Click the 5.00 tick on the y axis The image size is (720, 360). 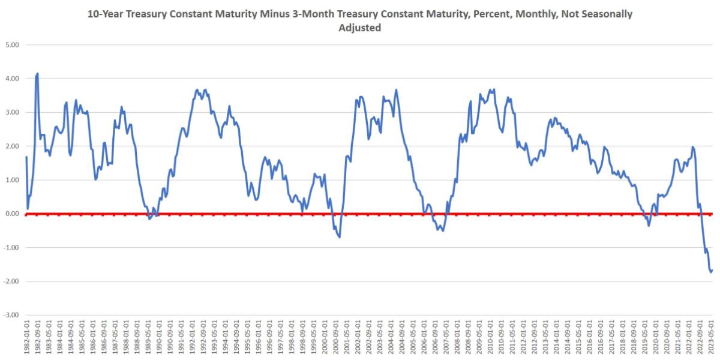click(x=13, y=45)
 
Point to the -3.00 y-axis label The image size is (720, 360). click(x=12, y=315)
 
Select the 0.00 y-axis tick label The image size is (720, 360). click(x=13, y=214)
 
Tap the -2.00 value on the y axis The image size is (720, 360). click(x=12, y=281)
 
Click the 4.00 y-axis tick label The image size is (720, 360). click(x=13, y=79)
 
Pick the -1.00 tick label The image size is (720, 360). click(x=12, y=248)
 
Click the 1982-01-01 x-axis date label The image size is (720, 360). click(x=26, y=339)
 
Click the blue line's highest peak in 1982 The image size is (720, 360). click(x=37, y=74)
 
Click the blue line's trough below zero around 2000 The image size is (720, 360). click(x=339, y=237)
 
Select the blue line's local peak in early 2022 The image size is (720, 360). click(x=693, y=146)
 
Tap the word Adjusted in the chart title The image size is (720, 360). click(x=361, y=28)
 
